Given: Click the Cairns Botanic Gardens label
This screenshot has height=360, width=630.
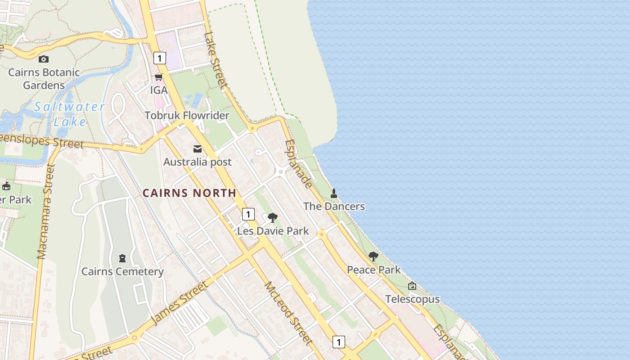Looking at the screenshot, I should [44, 78].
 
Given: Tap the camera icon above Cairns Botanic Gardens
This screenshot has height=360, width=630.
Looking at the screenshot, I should [44, 59].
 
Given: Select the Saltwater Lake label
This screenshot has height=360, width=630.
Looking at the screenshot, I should [69, 114].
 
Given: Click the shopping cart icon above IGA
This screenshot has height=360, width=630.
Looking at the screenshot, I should [158, 77].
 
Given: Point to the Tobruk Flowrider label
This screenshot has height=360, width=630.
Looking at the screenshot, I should [187, 116].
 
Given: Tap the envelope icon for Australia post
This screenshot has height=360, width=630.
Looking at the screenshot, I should [198, 149].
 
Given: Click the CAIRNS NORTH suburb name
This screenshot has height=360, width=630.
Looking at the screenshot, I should [189, 193].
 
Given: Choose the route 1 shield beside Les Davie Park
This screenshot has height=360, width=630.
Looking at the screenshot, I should [248, 214].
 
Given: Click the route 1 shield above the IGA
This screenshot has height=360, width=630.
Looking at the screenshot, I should [159, 58].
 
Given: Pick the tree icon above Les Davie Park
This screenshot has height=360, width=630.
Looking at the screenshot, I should [272, 218].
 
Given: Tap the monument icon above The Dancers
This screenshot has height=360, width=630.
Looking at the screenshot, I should [334, 193].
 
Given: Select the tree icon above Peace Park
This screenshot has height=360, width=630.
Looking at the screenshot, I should [373, 256].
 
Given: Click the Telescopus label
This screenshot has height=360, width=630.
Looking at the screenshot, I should [412, 299].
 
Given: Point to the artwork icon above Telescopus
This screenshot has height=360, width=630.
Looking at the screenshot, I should [412, 286].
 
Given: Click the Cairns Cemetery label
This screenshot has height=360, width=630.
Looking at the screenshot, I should [122, 271].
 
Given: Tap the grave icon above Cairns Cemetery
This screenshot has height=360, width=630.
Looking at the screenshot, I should [122, 258].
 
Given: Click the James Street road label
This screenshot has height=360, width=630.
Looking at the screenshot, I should [180, 302].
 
